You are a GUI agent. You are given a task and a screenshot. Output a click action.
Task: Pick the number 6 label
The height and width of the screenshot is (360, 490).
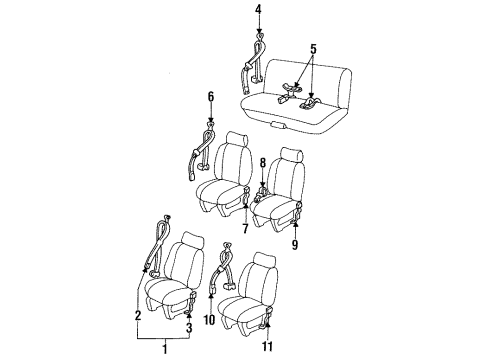[x=211, y=97]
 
